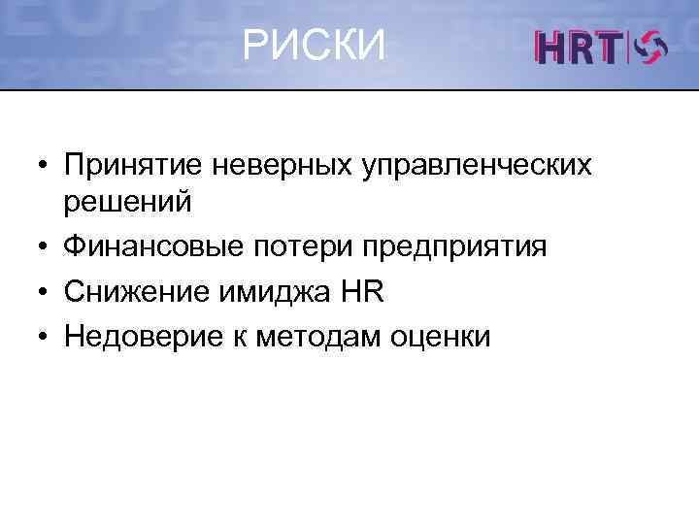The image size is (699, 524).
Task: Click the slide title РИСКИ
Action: [314, 45]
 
